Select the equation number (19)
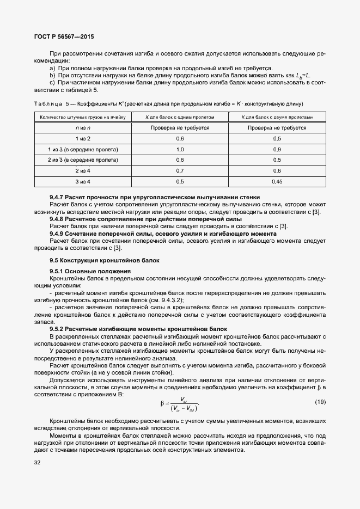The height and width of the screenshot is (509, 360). coord(320,402)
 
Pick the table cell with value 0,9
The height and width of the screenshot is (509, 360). coord(277,149)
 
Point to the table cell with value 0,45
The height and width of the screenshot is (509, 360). coord(277,181)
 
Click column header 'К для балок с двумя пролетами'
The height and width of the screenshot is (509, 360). coord(277,117)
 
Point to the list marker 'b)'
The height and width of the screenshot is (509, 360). coord(52,75)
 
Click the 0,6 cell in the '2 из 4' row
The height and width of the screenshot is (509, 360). coord(277,170)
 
